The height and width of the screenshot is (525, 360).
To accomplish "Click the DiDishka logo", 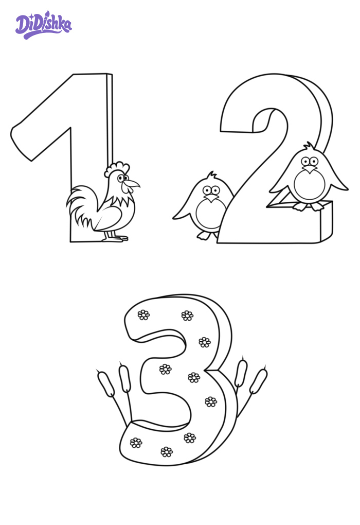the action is (44, 25).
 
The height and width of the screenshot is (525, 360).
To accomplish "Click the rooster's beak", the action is (133, 183).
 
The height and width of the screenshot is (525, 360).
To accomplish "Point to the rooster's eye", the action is (121, 178).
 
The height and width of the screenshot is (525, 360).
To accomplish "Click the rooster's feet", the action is (115, 238).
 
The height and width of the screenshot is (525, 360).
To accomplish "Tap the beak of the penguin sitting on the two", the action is (310, 169).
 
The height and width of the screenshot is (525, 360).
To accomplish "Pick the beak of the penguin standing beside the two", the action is (211, 199).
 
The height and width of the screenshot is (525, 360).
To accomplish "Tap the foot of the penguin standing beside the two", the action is (204, 236).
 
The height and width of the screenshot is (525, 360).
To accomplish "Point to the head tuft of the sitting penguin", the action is (308, 146).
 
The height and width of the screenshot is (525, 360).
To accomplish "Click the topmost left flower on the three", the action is (143, 315).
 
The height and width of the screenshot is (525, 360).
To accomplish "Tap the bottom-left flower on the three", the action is (136, 443).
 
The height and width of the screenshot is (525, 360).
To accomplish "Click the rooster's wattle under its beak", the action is (127, 188).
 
